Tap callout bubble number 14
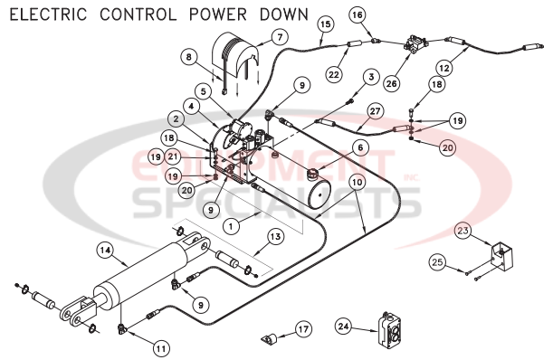[105, 250]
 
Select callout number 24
[344, 325]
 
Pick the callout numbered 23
[462, 230]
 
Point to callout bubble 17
[303, 329]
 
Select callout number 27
[375, 111]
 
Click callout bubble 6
[360, 147]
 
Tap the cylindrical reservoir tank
[323, 194]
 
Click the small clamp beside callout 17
[266, 341]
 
